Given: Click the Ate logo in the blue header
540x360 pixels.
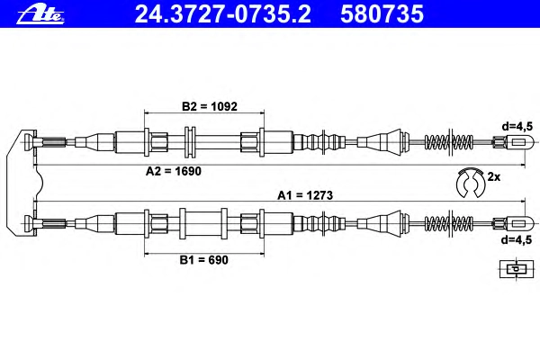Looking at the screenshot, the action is (40, 14).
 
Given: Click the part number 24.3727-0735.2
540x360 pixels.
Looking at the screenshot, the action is (223, 14).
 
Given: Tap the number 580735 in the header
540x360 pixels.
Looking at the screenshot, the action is (382, 14).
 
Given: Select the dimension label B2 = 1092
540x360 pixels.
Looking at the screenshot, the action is (210, 106).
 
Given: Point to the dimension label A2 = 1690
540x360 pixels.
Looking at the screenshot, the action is (173, 171).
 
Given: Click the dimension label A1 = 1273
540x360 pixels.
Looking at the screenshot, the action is (305, 195).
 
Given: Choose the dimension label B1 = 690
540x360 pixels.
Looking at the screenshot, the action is (204, 260).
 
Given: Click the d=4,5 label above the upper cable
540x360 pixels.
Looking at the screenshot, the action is (517, 126).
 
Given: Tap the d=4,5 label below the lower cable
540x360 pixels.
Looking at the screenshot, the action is (517, 239).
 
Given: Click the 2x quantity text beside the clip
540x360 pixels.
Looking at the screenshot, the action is (493, 177).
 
